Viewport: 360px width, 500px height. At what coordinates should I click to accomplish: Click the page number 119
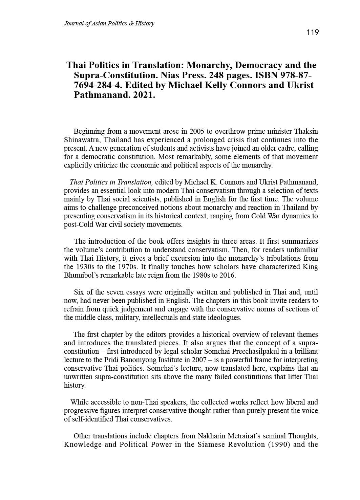(313, 32)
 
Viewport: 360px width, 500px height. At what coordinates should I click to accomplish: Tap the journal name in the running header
(109, 23)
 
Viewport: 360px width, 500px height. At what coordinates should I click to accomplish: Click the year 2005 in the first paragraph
(197, 131)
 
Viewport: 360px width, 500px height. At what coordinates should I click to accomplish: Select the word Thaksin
(306, 131)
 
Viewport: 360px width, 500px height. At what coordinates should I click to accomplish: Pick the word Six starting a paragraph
(79, 292)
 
